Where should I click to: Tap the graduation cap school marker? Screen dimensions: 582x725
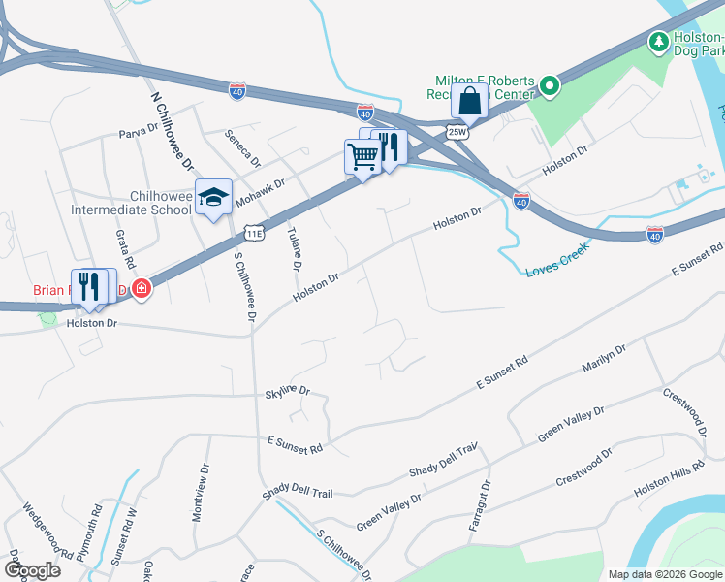(213, 198)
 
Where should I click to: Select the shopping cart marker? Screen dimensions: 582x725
(362, 155)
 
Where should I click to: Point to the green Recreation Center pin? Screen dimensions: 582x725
(550, 87)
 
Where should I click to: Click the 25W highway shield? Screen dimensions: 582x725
(457, 130)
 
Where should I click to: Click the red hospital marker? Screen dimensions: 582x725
(142, 288)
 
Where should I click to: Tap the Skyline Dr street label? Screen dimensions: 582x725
(287, 391)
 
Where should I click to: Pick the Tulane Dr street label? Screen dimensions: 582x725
(295, 250)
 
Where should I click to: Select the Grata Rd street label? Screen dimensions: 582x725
(123, 250)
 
